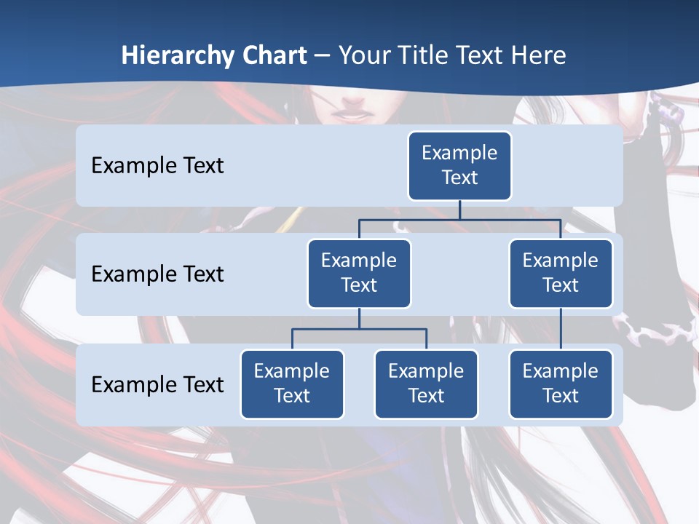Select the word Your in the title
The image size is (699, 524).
pos(364,56)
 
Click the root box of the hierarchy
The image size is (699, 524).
pos(459,165)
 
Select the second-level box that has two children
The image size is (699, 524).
pos(359,273)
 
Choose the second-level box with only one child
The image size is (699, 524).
pos(561,273)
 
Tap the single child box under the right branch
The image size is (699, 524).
pos(561,384)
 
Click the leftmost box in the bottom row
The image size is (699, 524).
pos(292,384)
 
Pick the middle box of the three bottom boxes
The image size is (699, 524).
pos(426,384)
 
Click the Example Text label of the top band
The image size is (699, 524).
pos(157,165)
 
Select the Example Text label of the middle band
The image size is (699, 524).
pos(157,274)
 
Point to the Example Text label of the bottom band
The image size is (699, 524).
pos(157,384)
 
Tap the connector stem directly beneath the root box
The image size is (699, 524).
pos(459,210)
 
